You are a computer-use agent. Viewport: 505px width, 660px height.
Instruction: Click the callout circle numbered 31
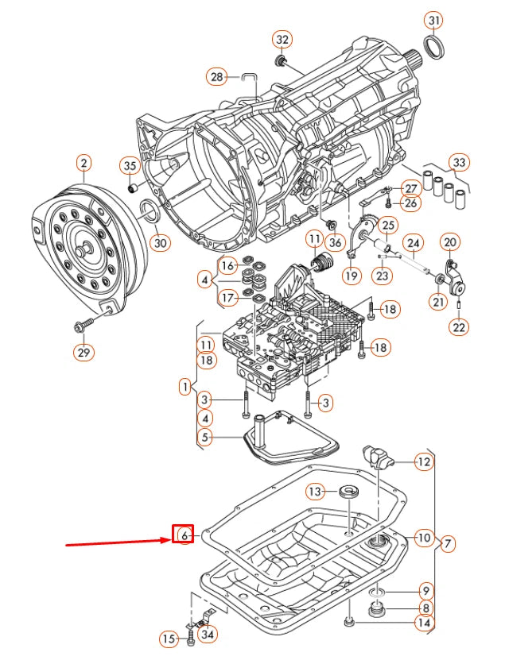click(x=433, y=20)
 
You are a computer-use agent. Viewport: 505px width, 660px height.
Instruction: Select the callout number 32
click(x=282, y=39)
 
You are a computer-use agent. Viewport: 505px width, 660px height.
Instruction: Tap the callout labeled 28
click(x=216, y=77)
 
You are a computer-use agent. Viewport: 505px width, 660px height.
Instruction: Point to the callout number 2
click(x=84, y=164)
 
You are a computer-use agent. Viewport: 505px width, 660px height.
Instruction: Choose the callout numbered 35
click(x=130, y=166)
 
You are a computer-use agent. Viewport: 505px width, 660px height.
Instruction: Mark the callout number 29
click(x=84, y=352)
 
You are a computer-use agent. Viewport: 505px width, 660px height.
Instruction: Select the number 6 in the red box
click(x=184, y=535)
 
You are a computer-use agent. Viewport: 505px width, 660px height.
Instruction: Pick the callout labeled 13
click(x=316, y=492)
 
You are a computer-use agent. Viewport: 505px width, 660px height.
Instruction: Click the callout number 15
click(x=169, y=639)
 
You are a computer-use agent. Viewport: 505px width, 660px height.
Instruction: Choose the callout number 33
click(x=460, y=163)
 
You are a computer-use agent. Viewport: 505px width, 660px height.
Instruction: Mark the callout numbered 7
click(x=448, y=543)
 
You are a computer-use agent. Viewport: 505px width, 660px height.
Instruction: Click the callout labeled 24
click(x=413, y=242)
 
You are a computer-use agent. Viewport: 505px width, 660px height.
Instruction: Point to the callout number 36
click(x=335, y=242)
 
